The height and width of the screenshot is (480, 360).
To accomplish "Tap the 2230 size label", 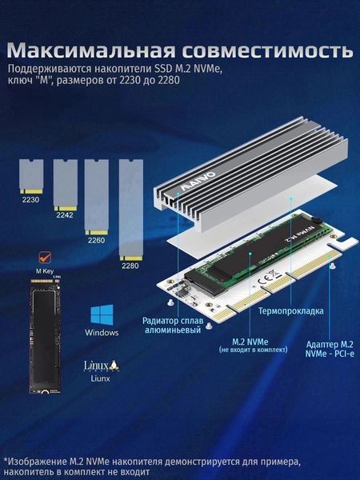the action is pos(30,200).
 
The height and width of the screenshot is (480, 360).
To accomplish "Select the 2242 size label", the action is pos(65,215).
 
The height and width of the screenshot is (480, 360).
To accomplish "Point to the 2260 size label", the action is pos(96,240).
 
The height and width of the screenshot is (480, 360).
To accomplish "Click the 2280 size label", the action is pos(130,266).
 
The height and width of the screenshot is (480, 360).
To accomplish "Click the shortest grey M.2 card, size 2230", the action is pos(31,176).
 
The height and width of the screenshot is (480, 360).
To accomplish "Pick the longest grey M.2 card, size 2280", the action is pos(131,210).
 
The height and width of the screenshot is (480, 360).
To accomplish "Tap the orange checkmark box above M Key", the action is pos(46,257).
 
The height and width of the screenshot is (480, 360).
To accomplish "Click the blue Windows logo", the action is pos(102,314).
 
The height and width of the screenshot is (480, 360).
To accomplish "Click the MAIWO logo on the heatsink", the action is pos(198,182).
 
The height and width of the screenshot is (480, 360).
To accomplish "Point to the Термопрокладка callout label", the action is pos(291,311).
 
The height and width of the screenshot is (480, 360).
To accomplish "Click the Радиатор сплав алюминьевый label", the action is pos(173,325).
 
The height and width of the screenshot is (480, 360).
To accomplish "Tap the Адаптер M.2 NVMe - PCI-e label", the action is pos(330,349).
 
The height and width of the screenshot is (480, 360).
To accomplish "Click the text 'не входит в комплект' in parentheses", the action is pos(254,350).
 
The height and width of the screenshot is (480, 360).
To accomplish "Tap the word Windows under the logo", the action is pos(102,333).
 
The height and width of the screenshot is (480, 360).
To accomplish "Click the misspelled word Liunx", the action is pos(101,378).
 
